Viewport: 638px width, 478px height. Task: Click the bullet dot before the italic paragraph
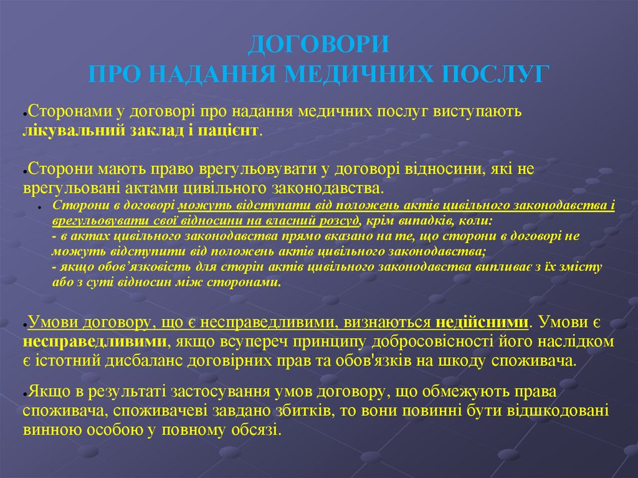(x=39, y=206)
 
